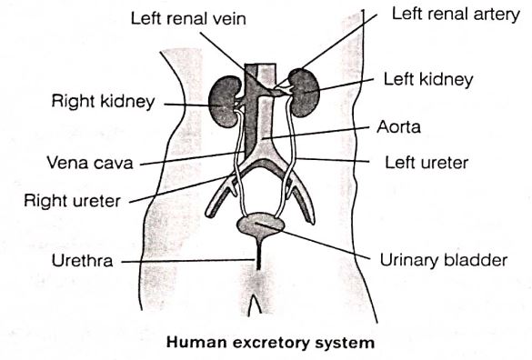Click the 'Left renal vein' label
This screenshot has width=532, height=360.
tap(188, 19)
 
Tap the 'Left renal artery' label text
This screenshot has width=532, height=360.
tap(456, 15)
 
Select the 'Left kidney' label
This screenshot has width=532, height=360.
tap(428, 80)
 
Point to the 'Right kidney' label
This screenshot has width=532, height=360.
tap(103, 102)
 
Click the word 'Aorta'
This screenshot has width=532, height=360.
tap(398, 127)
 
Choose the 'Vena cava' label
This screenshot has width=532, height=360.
tap(90, 163)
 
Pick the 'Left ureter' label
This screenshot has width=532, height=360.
tap(427, 163)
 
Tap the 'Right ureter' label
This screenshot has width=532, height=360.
tap(72, 201)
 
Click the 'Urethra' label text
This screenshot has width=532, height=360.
tap(83, 261)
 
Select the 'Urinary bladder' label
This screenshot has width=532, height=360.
tap(444, 261)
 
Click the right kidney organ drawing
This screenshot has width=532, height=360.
tap(222, 101)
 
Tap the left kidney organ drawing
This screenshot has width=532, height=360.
tap(305, 93)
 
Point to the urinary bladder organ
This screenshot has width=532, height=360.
tap(260, 226)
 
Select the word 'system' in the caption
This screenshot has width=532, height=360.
tap(346, 343)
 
